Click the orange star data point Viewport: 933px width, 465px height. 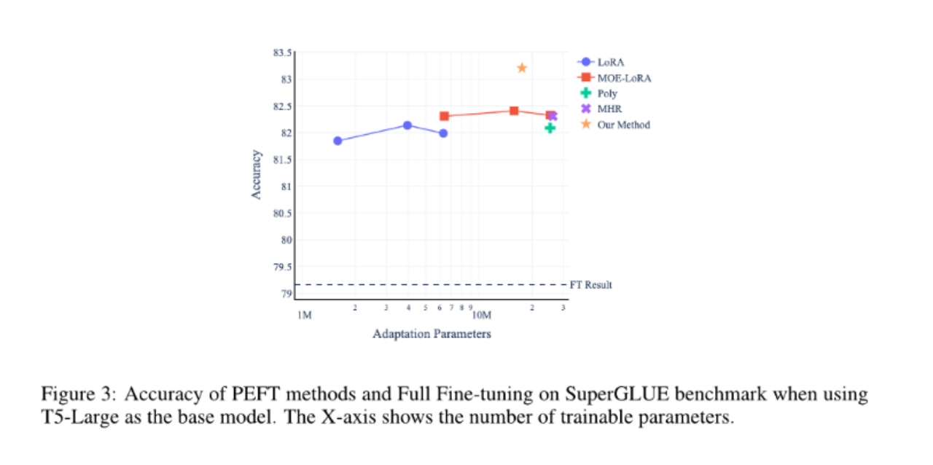coord(522,68)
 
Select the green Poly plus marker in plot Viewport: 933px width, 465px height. coord(550,128)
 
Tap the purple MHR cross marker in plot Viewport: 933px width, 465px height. coord(553,116)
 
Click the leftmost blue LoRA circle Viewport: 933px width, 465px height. coord(337,141)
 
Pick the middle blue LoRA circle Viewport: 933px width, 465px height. coord(407,125)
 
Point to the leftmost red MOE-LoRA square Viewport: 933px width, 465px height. coord(444,116)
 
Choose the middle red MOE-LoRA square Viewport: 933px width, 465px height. coord(514,111)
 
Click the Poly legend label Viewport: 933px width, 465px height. coord(607,93)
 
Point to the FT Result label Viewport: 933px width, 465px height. coord(591,285)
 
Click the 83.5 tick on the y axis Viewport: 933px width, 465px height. coord(282,53)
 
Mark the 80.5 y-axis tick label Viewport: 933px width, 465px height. coord(282,214)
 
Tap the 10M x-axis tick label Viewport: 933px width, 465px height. coord(483,316)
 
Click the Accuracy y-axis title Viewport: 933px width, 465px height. coord(256,175)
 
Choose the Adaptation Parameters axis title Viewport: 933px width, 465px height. coord(432,334)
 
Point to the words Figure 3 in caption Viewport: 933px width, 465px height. coord(76,395)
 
